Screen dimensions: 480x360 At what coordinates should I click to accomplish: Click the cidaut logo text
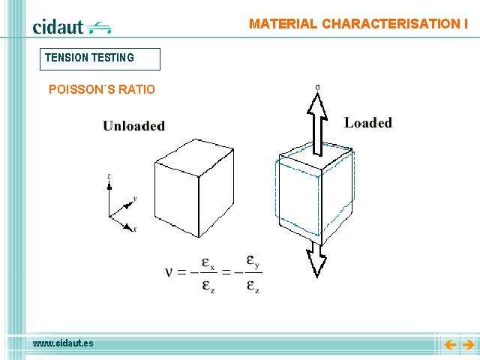58,27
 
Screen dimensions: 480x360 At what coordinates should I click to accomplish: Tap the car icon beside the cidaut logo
98,28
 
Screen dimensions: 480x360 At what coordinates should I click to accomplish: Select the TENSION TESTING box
100,59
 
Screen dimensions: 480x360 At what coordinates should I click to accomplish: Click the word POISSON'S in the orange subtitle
82,89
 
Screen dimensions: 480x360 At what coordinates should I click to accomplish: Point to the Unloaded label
133,126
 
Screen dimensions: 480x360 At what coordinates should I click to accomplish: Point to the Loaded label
368,123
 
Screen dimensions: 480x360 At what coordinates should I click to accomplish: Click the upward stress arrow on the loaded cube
317,124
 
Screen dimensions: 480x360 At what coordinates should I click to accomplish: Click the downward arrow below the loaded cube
316,259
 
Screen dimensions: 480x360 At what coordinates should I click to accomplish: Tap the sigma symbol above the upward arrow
318,88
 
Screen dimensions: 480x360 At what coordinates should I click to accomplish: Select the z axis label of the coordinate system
109,177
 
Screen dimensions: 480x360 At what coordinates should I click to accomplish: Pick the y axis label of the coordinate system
135,199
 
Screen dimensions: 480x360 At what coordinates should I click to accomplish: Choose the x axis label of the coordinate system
135,229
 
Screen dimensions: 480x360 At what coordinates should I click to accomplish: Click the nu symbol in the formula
169,271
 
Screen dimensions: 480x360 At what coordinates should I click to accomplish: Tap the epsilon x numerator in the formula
208,263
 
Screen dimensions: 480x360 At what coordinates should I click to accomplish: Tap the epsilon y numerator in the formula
253,261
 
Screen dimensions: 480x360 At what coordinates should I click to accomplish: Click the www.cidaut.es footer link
63,343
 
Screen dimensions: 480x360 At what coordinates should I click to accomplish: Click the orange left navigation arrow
450,345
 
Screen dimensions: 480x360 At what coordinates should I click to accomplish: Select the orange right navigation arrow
468,345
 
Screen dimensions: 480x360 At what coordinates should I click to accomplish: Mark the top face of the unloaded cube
195,157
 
